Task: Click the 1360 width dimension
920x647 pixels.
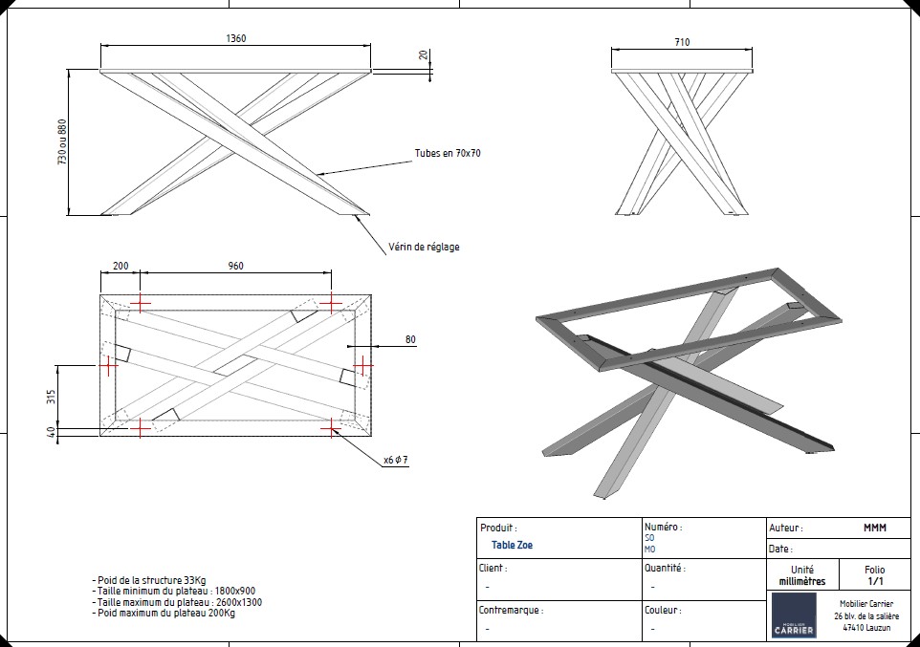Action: pyautogui.click(x=235, y=39)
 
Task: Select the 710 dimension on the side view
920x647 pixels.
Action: pyautogui.click(x=681, y=42)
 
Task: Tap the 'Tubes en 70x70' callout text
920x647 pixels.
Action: pyautogui.click(x=447, y=153)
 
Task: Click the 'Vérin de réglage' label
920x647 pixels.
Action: pyautogui.click(x=424, y=247)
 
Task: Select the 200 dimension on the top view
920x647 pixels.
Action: pyautogui.click(x=120, y=266)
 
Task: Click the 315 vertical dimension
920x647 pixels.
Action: pyautogui.click(x=52, y=396)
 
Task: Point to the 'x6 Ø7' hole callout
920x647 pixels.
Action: pyautogui.click(x=396, y=461)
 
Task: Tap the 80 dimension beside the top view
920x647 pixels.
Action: pyautogui.click(x=410, y=339)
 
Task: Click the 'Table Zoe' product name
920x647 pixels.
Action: pyautogui.click(x=512, y=546)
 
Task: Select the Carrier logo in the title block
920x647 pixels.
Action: pyautogui.click(x=794, y=615)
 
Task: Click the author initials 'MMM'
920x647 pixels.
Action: pyautogui.click(x=874, y=528)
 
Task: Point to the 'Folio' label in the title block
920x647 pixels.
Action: pyautogui.click(x=874, y=569)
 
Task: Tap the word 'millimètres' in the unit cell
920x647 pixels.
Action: pyautogui.click(x=801, y=581)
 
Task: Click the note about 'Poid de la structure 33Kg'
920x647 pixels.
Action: pyautogui.click(x=148, y=580)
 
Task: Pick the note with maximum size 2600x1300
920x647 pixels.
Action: pyautogui.click(x=177, y=602)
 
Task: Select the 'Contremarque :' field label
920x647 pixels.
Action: pyautogui.click(x=511, y=610)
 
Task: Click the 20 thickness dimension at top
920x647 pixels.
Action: pyautogui.click(x=423, y=54)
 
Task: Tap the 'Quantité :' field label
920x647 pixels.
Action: pyautogui.click(x=665, y=568)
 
